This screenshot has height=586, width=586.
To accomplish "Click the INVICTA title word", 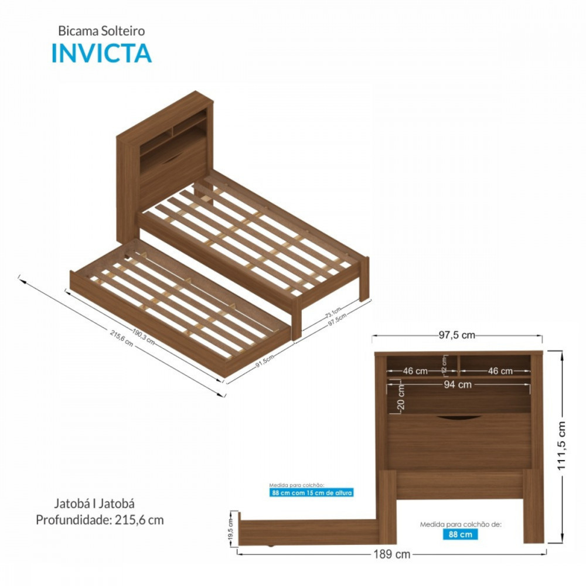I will point(101,53).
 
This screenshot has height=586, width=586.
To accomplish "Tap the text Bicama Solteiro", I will point(101,31).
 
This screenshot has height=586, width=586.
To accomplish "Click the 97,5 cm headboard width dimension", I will point(456,335).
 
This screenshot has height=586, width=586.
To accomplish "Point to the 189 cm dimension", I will point(391,554).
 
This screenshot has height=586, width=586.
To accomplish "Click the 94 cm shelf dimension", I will point(457,385).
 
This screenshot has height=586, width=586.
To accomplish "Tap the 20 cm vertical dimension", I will point(401,398).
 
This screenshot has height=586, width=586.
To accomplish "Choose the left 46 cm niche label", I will point(415,371).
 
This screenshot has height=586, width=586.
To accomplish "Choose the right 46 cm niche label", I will point(500,371).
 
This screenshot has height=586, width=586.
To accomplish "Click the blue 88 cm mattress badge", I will point(460,534).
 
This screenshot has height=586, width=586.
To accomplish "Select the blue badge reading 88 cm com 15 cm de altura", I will point(312,493).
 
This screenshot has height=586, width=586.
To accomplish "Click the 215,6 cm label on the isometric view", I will point(121,338).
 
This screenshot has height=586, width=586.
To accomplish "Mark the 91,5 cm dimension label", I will point(265,361).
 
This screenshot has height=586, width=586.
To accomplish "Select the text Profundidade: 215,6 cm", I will point(100,519).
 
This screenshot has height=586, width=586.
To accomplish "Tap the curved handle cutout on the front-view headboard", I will point(459,417).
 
